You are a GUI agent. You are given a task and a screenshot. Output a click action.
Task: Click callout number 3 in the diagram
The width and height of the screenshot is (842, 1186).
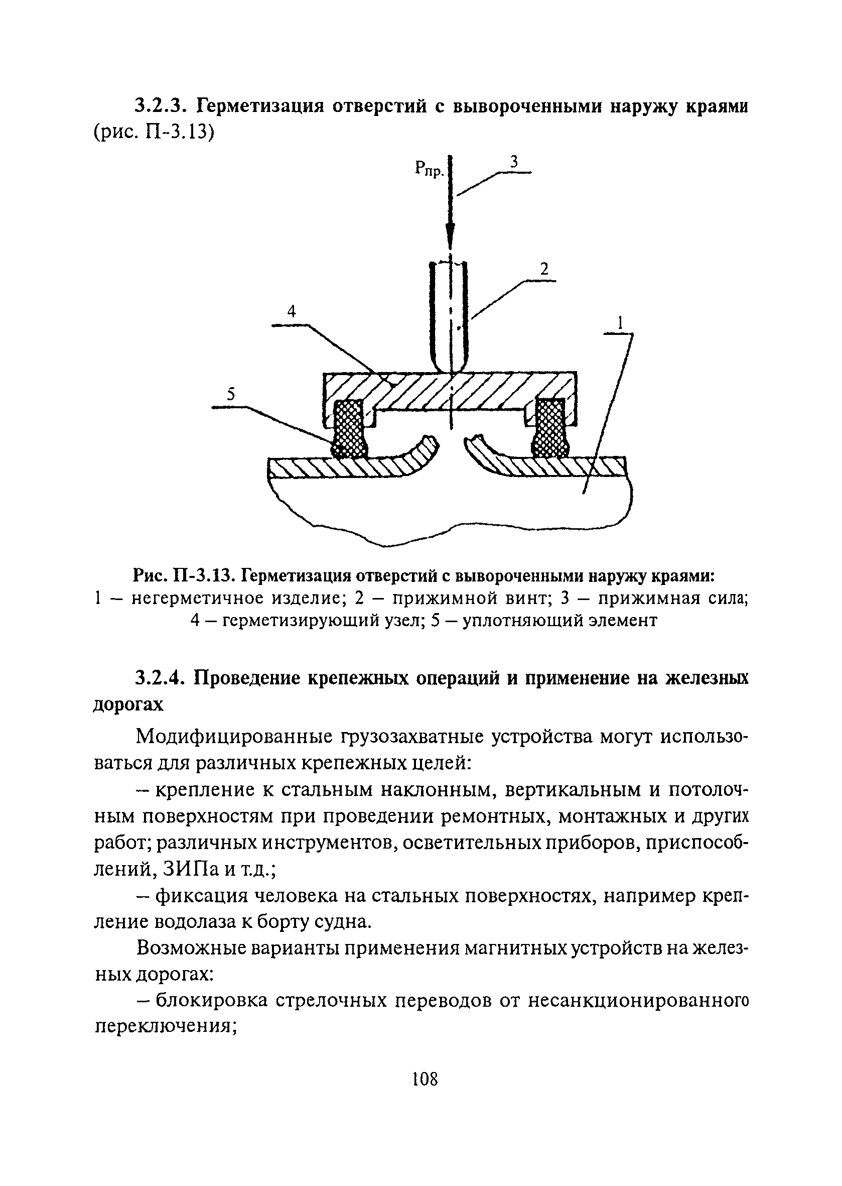[513, 162]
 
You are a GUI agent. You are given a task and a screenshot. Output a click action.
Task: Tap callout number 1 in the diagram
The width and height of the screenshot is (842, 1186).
[619, 323]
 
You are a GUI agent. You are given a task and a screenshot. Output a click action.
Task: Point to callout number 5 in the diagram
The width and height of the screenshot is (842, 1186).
[231, 395]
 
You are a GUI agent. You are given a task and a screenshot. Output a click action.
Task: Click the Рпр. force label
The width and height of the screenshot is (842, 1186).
[430, 168]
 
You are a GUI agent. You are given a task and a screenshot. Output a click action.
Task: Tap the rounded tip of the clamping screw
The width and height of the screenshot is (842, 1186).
[450, 365]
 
